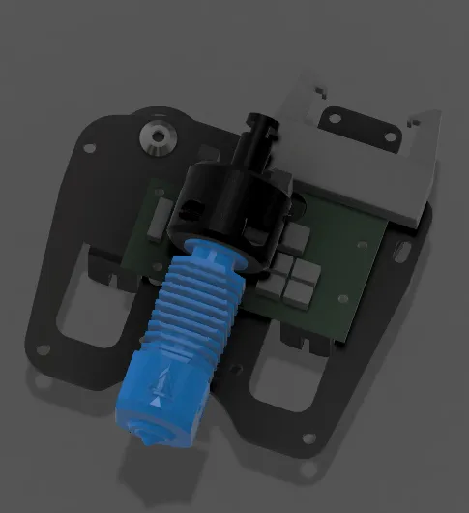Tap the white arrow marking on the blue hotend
(x=156, y=398)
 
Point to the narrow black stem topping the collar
(x=260, y=141)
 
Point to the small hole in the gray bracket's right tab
(x=418, y=121)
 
